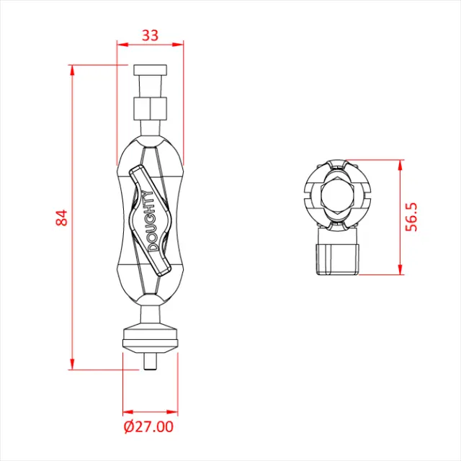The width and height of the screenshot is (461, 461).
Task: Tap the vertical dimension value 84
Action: click(62, 218)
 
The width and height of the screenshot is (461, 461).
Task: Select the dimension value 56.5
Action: click(411, 217)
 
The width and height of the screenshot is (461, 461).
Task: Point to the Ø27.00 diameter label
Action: click(148, 426)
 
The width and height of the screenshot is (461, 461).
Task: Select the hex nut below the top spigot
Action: click(150, 109)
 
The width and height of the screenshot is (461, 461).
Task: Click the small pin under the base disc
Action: click(150, 362)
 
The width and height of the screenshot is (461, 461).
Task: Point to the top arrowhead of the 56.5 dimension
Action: click(398, 164)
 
